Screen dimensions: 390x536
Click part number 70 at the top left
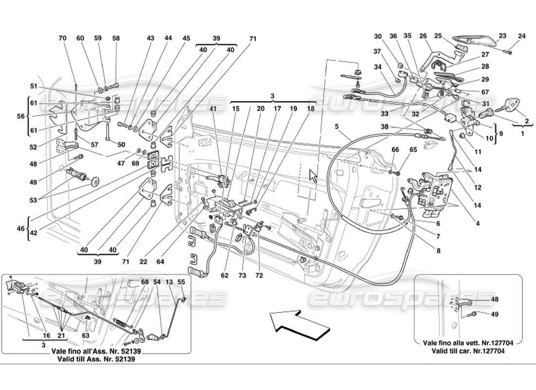(x=62, y=38)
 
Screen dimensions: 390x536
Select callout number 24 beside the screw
(x=522, y=36)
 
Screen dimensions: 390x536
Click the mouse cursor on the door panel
(x=313, y=175)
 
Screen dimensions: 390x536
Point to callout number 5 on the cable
(x=336, y=127)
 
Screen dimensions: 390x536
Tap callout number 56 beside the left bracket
(x=20, y=117)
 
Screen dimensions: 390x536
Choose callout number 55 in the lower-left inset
(x=181, y=282)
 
